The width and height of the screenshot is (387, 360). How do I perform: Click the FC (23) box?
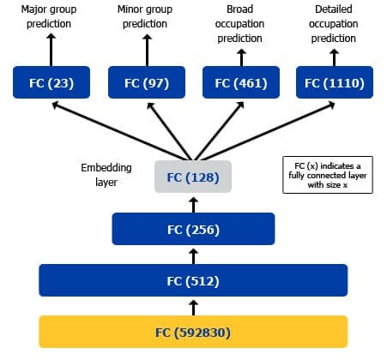click(x=51, y=82)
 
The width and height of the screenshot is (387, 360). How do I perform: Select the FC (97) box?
click(x=147, y=82)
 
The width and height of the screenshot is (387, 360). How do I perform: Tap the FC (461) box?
click(x=241, y=82)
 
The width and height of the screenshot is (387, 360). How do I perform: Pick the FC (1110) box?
click(x=335, y=82)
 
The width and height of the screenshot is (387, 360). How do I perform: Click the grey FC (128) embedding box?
click(x=193, y=177)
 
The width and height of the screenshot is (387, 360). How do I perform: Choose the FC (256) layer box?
click(x=193, y=229)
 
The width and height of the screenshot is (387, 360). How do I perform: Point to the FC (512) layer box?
click(x=193, y=280)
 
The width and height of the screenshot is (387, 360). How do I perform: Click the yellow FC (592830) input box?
click(x=193, y=332)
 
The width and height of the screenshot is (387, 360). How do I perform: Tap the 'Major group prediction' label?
click(x=49, y=16)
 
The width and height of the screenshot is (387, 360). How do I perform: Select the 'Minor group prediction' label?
click(x=145, y=16)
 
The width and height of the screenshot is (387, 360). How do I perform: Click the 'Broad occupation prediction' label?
click(x=239, y=24)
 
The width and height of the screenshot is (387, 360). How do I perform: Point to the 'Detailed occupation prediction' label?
click(x=334, y=24)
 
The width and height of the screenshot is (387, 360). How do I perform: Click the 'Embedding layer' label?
click(x=106, y=175)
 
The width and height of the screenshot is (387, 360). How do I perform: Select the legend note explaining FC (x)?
click(x=328, y=175)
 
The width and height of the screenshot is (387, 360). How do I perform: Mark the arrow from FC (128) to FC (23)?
click(x=119, y=132)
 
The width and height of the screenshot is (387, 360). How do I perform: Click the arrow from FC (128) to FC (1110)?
click(x=267, y=132)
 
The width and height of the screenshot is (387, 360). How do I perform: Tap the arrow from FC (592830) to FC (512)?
click(x=194, y=308)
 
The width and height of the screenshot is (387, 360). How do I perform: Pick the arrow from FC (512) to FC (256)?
click(x=194, y=256)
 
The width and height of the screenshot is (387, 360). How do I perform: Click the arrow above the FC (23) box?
click(x=51, y=50)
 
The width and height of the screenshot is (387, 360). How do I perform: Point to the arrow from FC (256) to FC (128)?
click(x=194, y=205)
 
